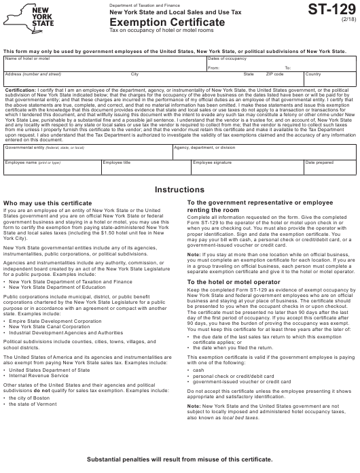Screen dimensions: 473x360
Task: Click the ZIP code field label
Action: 274,73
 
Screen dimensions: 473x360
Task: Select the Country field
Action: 329,78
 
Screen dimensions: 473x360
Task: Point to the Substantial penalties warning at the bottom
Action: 179,460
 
